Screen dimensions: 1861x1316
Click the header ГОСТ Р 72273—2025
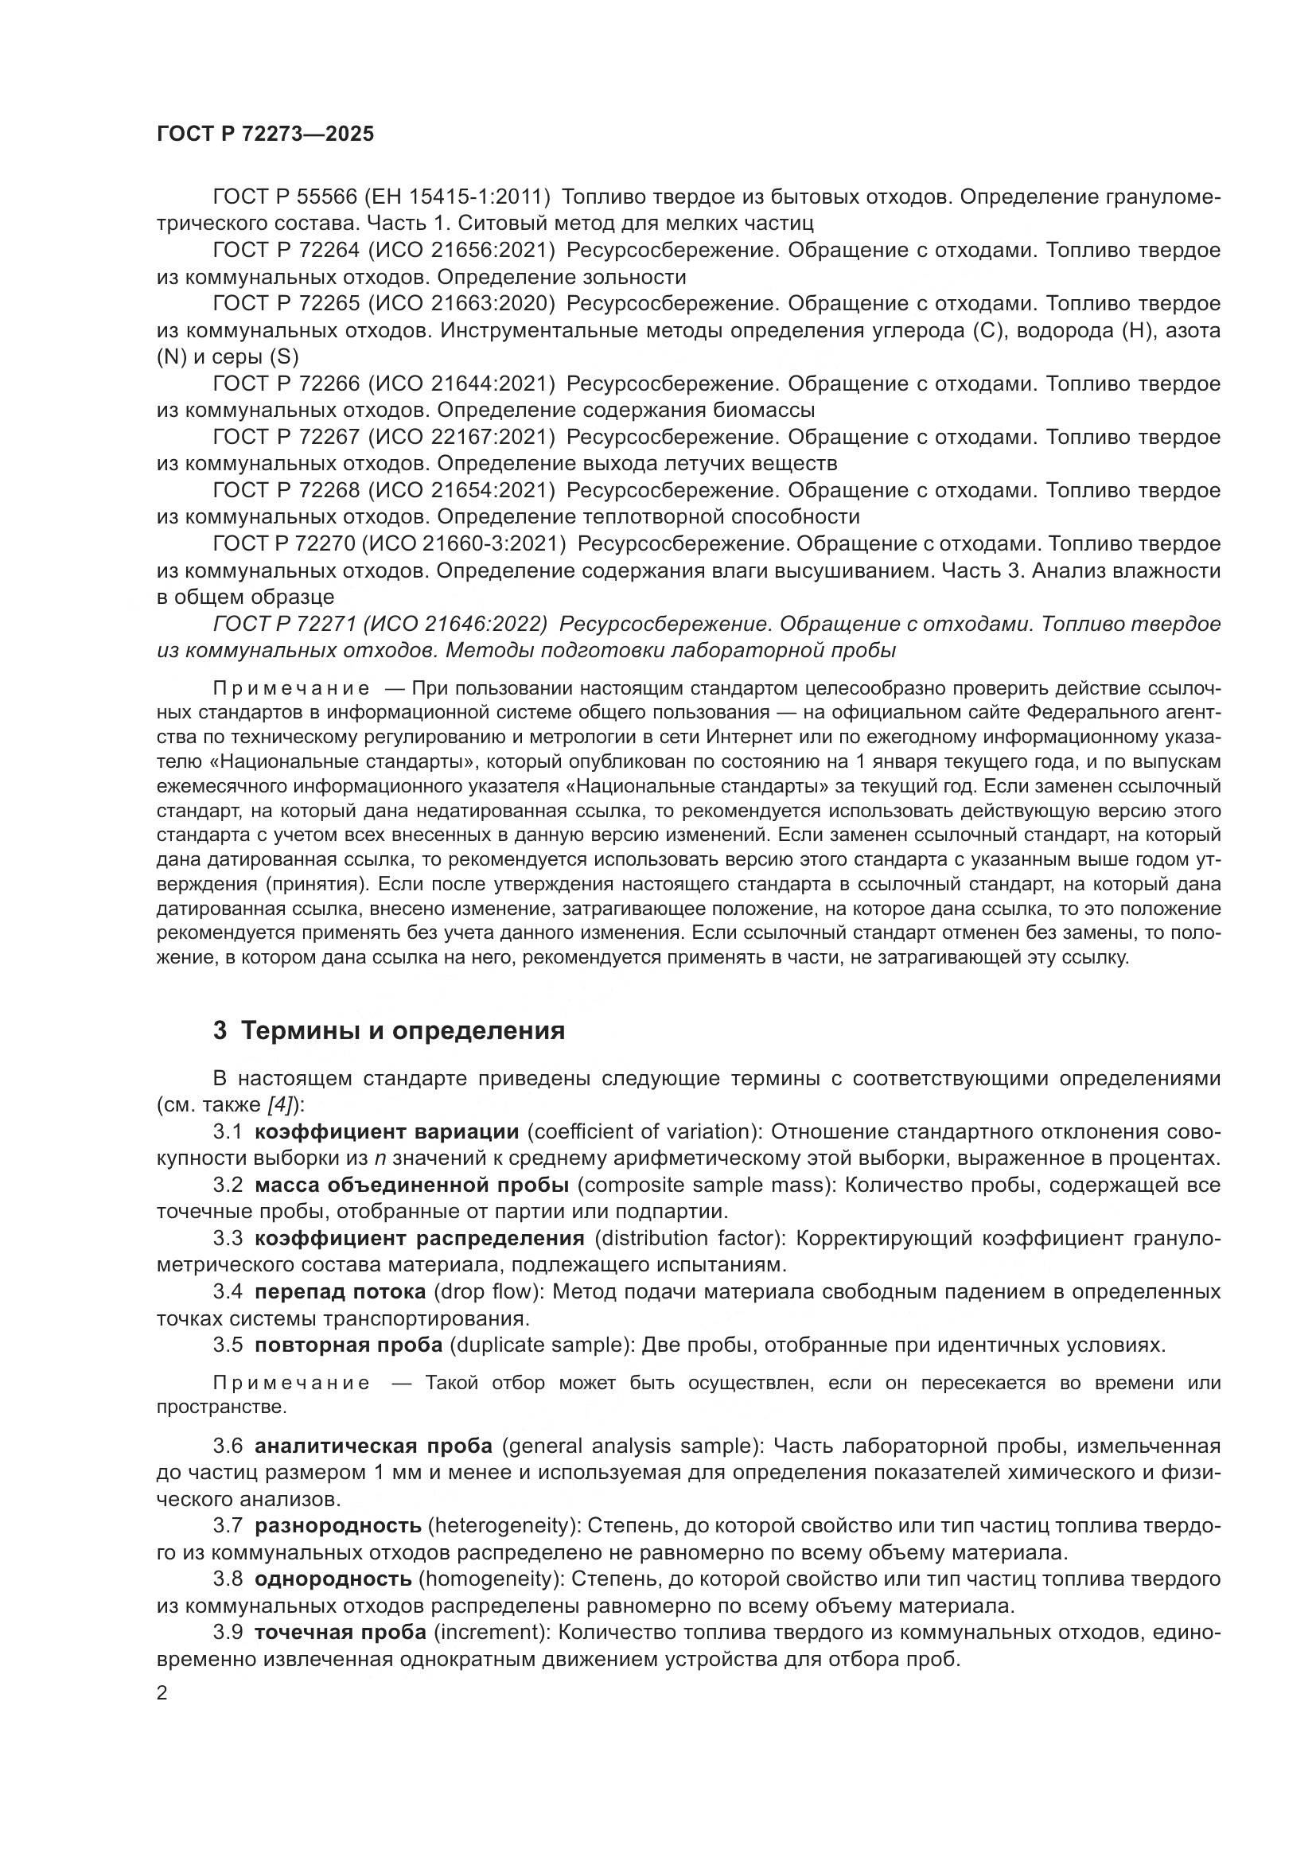point(265,134)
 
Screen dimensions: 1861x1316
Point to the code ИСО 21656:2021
point(462,251)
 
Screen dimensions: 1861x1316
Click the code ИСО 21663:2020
point(462,304)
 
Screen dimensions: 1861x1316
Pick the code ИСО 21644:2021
point(462,383)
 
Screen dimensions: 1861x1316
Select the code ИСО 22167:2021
point(462,437)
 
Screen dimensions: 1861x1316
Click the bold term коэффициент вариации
point(387,1131)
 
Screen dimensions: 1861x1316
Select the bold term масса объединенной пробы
point(411,1185)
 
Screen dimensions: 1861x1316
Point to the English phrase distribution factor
point(691,1239)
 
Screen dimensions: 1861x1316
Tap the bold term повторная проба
point(348,1345)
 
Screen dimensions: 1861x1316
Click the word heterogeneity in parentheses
point(501,1525)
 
